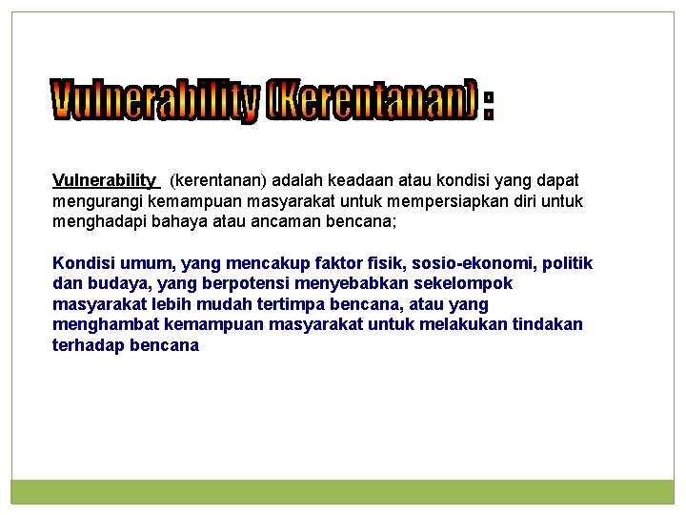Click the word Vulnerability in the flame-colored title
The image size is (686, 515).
tap(155, 101)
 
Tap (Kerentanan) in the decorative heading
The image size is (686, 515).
tap(371, 101)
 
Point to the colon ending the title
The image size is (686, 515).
tap(489, 103)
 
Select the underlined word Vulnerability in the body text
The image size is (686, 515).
tap(105, 180)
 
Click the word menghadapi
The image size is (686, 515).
tap(98, 222)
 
